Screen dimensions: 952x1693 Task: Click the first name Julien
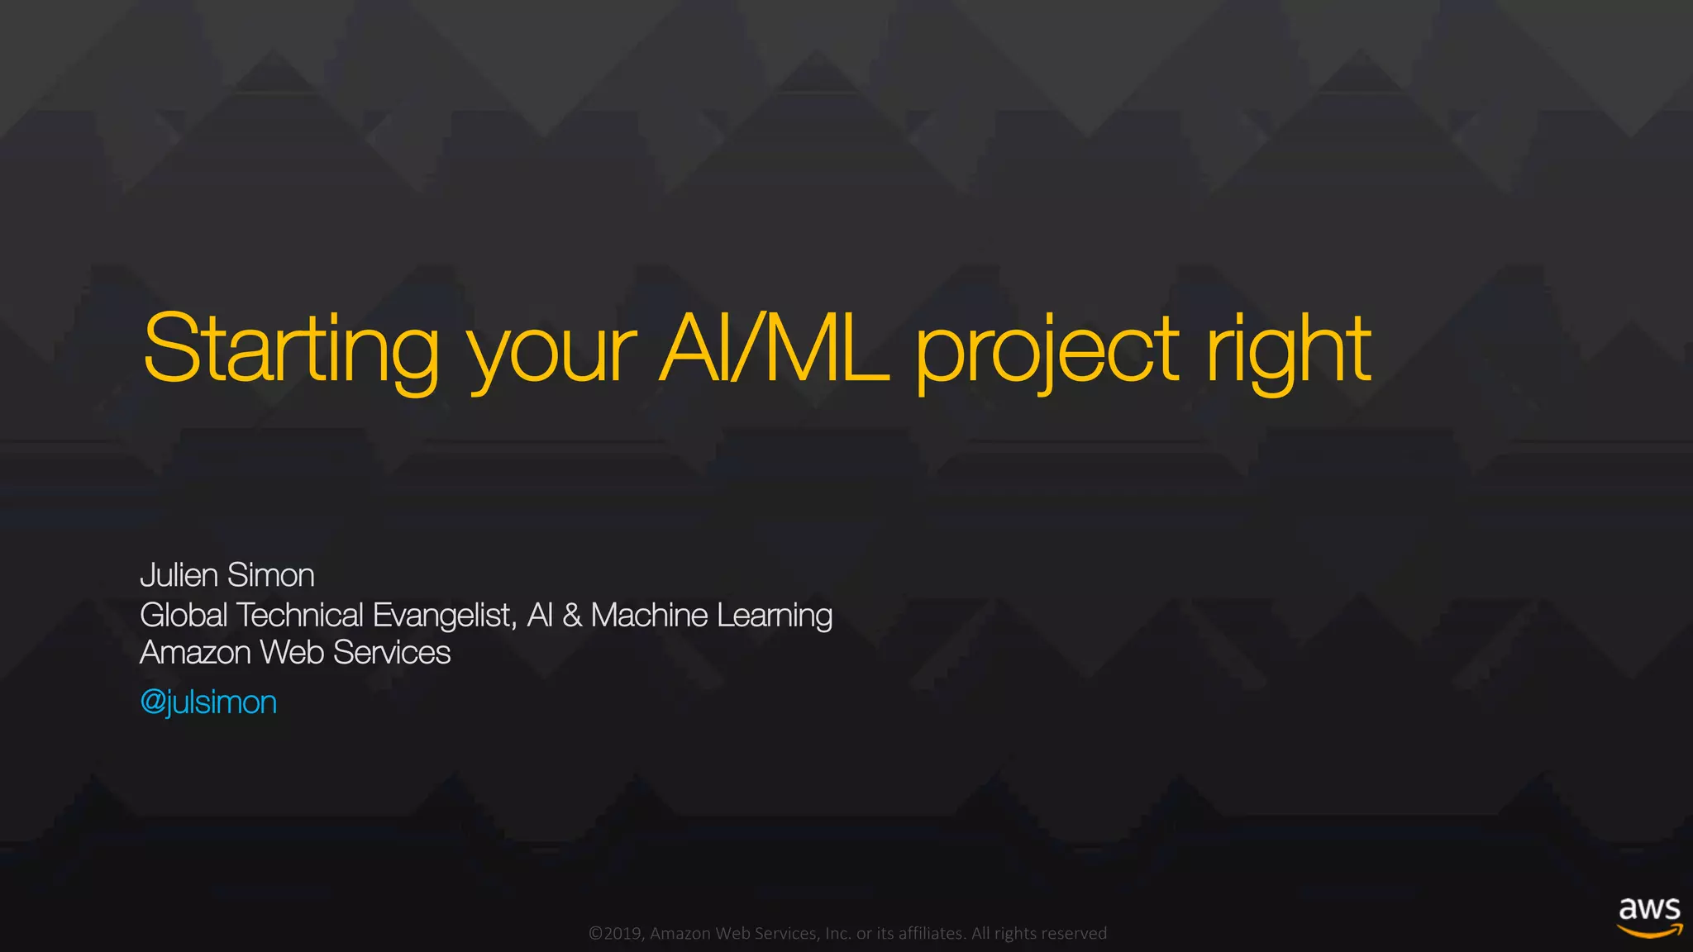[x=179, y=575]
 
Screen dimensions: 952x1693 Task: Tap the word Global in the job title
[x=184, y=615]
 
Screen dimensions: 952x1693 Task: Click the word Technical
[x=300, y=615]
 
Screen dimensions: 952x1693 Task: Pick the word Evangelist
[x=444, y=616]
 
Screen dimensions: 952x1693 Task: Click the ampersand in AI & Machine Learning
[x=571, y=616]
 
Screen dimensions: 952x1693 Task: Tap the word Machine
[x=649, y=615]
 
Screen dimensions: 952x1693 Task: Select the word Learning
[x=775, y=616]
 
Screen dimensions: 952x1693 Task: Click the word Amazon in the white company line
[x=195, y=653]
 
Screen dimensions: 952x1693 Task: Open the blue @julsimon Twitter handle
[x=208, y=702]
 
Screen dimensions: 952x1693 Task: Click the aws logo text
[x=1649, y=909]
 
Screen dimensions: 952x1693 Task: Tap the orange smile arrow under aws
[x=1649, y=931]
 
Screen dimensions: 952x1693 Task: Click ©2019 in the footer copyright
[x=616, y=934]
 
